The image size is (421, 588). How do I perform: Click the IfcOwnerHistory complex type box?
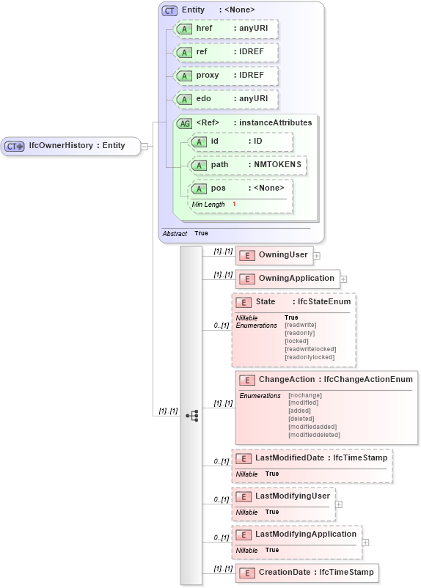(x=70, y=146)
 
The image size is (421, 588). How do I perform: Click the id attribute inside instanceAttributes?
(x=241, y=142)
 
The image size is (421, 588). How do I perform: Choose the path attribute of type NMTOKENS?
(x=246, y=165)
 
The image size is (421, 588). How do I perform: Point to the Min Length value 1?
(x=234, y=204)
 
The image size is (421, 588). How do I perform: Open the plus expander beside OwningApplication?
(x=343, y=279)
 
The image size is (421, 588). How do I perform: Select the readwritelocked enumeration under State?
(x=310, y=349)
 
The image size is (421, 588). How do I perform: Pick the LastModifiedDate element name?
(x=291, y=458)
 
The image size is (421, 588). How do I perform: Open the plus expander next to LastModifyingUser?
(x=338, y=504)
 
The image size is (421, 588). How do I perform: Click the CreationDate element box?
(x=307, y=573)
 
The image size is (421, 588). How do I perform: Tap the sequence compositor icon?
(x=192, y=416)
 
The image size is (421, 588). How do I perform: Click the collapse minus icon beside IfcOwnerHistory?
(x=144, y=146)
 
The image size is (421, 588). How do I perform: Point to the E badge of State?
(x=243, y=302)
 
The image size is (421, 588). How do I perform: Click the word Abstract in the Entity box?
(x=175, y=233)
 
